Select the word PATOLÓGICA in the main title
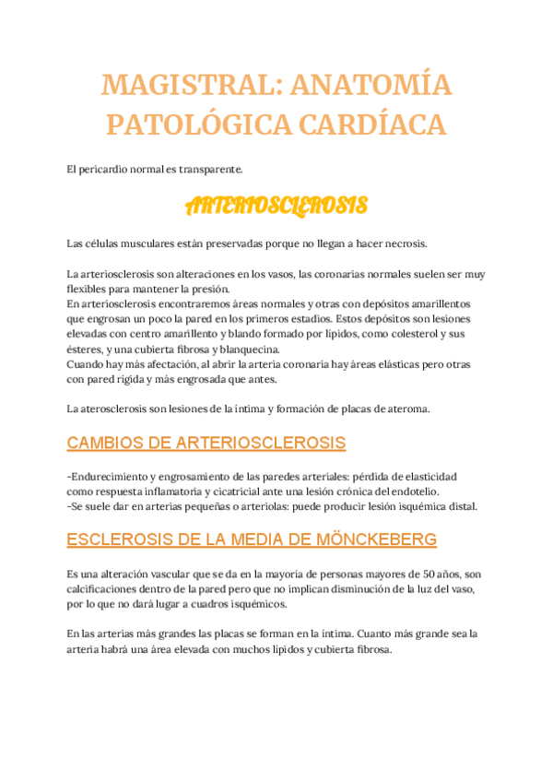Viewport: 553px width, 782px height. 182,123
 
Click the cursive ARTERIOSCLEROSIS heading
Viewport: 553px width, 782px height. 276,205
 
